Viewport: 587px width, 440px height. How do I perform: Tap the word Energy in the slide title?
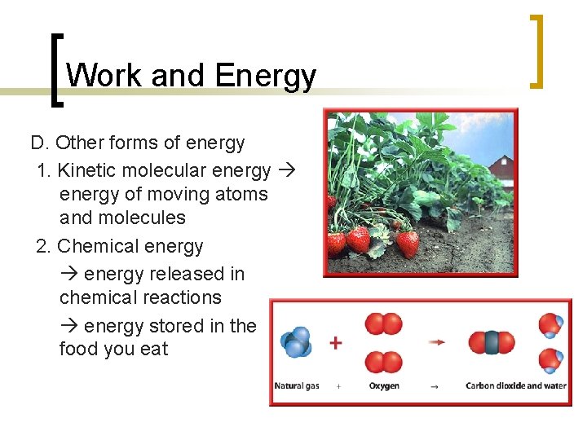(x=265, y=76)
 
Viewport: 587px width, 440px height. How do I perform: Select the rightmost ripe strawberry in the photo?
(x=407, y=242)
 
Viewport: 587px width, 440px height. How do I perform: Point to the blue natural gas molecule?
(x=295, y=341)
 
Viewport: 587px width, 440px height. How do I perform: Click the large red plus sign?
(x=335, y=343)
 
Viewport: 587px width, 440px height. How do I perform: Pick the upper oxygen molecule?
(x=383, y=324)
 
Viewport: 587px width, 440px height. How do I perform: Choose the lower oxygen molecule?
(x=383, y=362)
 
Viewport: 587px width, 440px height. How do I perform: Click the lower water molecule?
(x=551, y=360)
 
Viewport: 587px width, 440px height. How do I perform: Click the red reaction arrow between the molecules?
(x=438, y=343)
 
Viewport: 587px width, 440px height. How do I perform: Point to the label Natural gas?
(x=297, y=386)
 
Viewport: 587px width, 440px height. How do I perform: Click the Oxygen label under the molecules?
(x=384, y=386)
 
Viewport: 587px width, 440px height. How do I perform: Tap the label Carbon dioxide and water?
(x=515, y=386)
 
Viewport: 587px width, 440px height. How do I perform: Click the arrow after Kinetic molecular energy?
(x=286, y=170)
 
